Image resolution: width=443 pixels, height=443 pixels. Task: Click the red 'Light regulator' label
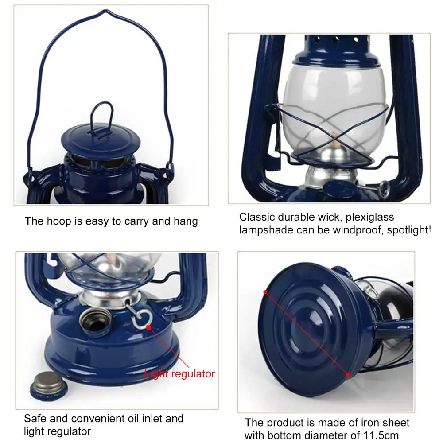[179, 374]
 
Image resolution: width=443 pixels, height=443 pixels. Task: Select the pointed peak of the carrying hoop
[105, 12]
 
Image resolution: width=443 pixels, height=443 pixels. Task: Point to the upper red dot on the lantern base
[265, 292]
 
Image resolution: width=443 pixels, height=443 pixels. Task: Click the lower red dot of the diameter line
[348, 375]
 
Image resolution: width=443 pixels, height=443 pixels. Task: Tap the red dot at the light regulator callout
[149, 328]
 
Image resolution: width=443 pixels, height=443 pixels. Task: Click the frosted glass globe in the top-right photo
[332, 102]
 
